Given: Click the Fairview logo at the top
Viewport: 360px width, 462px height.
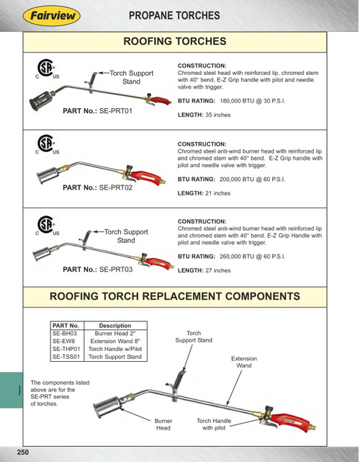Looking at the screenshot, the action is tap(52, 16).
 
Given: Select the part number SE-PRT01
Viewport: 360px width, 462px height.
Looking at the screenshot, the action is tap(116, 111).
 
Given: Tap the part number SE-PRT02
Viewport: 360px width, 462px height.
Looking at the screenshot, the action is tap(116, 187).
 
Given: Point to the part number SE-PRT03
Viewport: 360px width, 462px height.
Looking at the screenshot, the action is tap(116, 270).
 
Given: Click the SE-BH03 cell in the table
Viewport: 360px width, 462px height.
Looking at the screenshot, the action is tap(65, 333).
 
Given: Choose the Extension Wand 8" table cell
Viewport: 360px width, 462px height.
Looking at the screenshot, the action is tap(115, 341).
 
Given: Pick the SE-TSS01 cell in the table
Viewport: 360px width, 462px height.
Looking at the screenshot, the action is tap(66, 357).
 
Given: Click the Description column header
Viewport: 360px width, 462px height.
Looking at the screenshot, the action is tap(115, 326).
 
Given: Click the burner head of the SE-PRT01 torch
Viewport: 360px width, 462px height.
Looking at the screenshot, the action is tap(41, 100).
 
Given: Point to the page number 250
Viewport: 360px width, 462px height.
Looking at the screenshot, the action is tap(23, 453).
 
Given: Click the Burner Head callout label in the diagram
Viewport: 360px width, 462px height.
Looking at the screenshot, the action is tap(163, 425).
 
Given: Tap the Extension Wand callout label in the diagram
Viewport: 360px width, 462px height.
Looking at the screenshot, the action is tap(244, 362).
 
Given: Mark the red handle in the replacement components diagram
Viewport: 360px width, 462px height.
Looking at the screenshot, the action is tap(290, 422).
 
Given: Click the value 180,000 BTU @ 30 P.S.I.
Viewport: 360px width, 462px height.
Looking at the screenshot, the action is tap(253, 101).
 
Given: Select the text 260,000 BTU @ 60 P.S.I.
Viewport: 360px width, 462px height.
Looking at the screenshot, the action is tap(253, 257).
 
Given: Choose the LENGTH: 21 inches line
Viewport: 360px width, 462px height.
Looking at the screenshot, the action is tap(204, 193).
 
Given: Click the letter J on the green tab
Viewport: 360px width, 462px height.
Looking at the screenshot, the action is tap(19, 390).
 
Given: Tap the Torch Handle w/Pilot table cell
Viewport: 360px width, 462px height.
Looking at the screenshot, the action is tap(115, 349).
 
